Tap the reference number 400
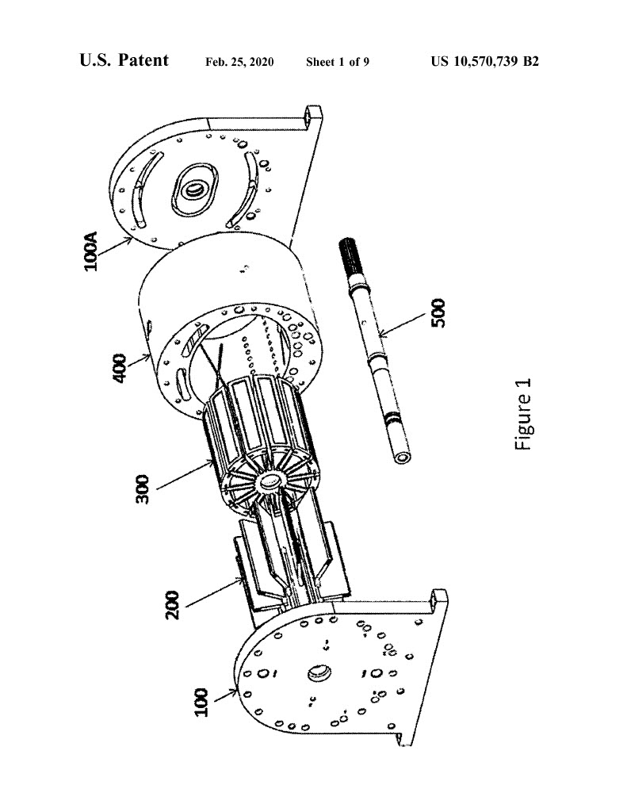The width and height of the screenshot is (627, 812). [x=120, y=368]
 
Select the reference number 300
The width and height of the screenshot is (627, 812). [x=142, y=489]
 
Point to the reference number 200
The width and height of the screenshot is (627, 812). [x=172, y=605]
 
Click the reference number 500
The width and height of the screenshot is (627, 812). [x=438, y=312]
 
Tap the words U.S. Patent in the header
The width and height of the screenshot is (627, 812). [x=124, y=60]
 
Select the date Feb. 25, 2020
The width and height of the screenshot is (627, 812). [x=239, y=62]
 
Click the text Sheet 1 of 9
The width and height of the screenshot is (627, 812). [x=338, y=62]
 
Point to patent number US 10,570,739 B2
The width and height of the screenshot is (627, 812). [x=484, y=62]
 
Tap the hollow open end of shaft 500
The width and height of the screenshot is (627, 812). [x=401, y=457]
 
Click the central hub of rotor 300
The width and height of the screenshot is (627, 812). [x=270, y=482]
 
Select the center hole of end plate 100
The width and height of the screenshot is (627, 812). [x=317, y=674]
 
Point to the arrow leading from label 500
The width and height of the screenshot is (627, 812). [x=403, y=324]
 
